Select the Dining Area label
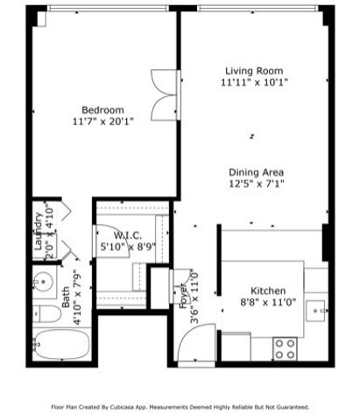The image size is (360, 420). tap(256, 172)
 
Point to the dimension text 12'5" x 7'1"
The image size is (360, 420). tap(256, 185)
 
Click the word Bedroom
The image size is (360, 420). tap(102, 109)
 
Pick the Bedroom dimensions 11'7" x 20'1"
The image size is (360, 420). tap(102, 122)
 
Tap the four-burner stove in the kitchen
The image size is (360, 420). tap(285, 349)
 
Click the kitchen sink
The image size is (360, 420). tap(319, 310)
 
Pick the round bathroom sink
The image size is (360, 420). tap(43, 283)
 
